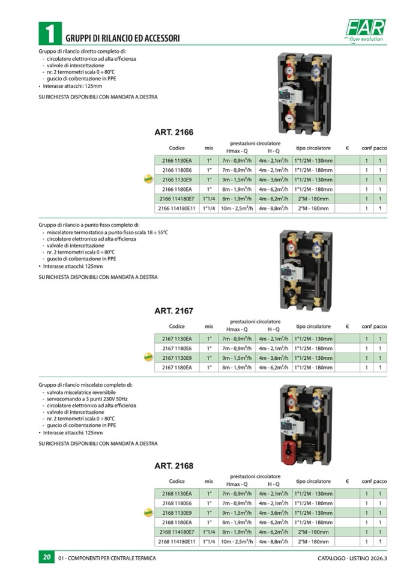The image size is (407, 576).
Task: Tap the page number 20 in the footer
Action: point(46,557)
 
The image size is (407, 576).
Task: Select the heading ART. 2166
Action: point(173,132)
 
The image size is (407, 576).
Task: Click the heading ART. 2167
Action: point(173,311)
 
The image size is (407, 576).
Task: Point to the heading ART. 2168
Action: point(173,465)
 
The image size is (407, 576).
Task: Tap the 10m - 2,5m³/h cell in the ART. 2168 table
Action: point(237,541)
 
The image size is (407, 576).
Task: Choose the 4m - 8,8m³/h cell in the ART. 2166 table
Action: point(274,208)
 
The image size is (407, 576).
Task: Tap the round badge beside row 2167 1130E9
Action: point(147,358)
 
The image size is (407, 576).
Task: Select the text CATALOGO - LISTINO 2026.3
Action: point(352,558)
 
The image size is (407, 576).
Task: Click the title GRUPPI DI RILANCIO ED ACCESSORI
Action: point(122,37)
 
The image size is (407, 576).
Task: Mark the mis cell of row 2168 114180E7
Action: point(209,532)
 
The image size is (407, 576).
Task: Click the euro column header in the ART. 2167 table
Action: point(348,326)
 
